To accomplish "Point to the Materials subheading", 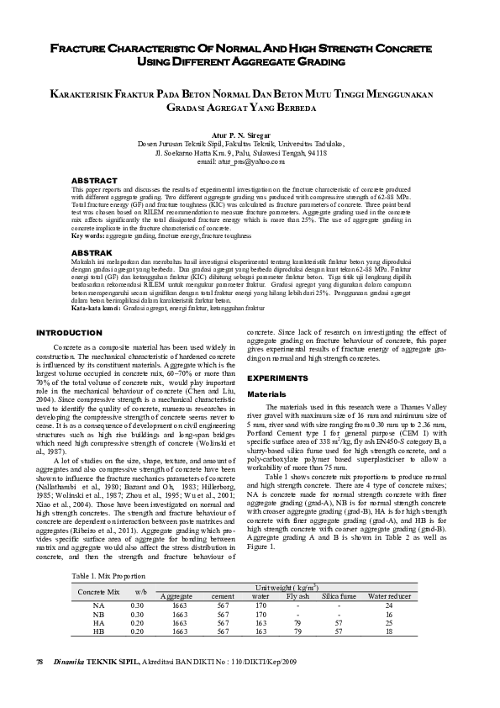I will pos(265,394).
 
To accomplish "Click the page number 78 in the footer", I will pos(39,662).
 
